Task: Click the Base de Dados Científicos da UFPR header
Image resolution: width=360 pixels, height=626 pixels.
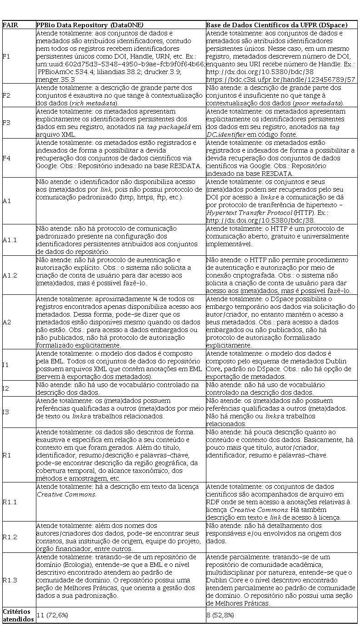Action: point(277,25)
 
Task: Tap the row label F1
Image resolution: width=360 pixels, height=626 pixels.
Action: point(6,56)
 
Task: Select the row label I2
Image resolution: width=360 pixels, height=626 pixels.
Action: point(6,388)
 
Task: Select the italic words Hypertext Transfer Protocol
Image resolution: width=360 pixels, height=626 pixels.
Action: point(241,212)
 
